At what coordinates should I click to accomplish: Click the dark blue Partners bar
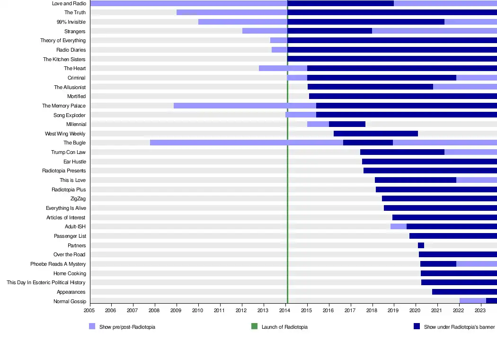[421, 245]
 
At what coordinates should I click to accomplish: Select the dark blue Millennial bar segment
[347, 124]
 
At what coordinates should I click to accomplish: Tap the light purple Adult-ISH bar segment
[398, 226]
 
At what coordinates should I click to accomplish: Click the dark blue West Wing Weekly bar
[376, 134]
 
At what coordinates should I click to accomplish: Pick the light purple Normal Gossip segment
[472, 301]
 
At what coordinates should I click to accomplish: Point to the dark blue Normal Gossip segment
[491, 301]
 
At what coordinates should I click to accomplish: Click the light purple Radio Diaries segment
[279, 50]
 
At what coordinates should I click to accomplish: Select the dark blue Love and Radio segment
[340, 3]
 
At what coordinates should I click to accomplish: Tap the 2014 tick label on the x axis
[284, 311]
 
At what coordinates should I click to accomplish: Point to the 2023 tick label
[480, 311]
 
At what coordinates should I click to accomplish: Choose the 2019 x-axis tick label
[393, 311]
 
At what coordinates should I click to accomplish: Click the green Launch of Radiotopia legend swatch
[254, 326]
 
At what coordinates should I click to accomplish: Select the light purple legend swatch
[92, 326]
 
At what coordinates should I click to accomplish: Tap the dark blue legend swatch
[417, 326]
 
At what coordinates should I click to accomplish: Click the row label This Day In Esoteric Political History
[46, 282]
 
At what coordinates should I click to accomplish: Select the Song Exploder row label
[70, 115]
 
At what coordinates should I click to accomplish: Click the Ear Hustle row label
[75, 162]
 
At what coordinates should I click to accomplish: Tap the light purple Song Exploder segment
[301, 115]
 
